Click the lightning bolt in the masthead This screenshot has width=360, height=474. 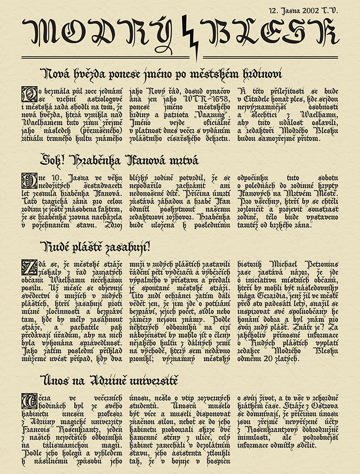189,37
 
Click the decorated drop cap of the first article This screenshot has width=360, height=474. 27,94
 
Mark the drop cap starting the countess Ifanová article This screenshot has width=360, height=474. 27,181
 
